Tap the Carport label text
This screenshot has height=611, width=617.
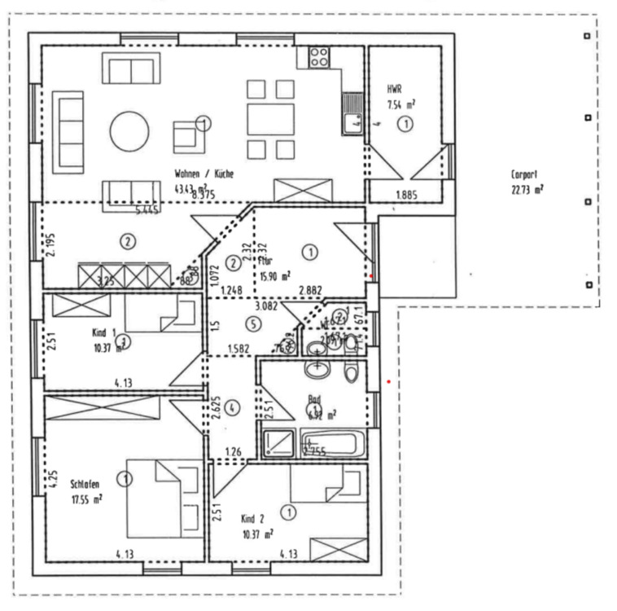click(x=524, y=174)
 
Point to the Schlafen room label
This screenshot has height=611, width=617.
click(x=85, y=483)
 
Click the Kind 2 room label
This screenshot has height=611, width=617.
click(x=252, y=518)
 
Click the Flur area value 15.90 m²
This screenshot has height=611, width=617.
click(x=275, y=276)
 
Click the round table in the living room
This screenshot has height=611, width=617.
click(x=129, y=131)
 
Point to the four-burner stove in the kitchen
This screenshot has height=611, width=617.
click(x=318, y=57)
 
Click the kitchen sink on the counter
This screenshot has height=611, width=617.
click(x=352, y=122)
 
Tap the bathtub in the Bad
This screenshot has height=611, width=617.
click(x=334, y=445)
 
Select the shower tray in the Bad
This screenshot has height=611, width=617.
click(x=279, y=443)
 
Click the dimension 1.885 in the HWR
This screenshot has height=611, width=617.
click(x=407, y=194)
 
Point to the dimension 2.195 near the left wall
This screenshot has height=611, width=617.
click(x=49, y=243)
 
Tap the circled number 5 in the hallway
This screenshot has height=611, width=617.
click(x=253, y=323)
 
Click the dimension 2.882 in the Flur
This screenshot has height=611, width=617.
click(x=312, y=290)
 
